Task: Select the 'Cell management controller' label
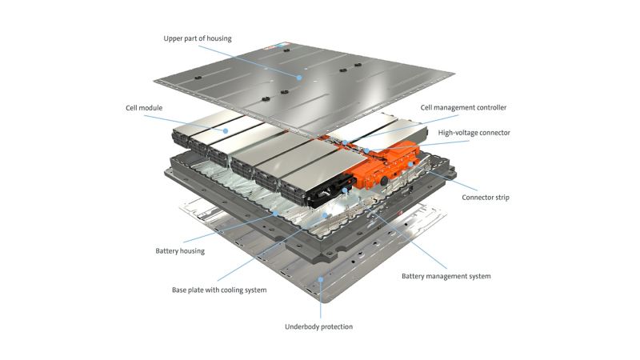point(463,107)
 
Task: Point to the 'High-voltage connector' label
point(474,132)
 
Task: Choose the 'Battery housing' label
point(180,250)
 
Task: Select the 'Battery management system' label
point(446,276)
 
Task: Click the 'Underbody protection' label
point(318,326)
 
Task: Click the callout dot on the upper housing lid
point(300,78)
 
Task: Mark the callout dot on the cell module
point(227,130)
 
